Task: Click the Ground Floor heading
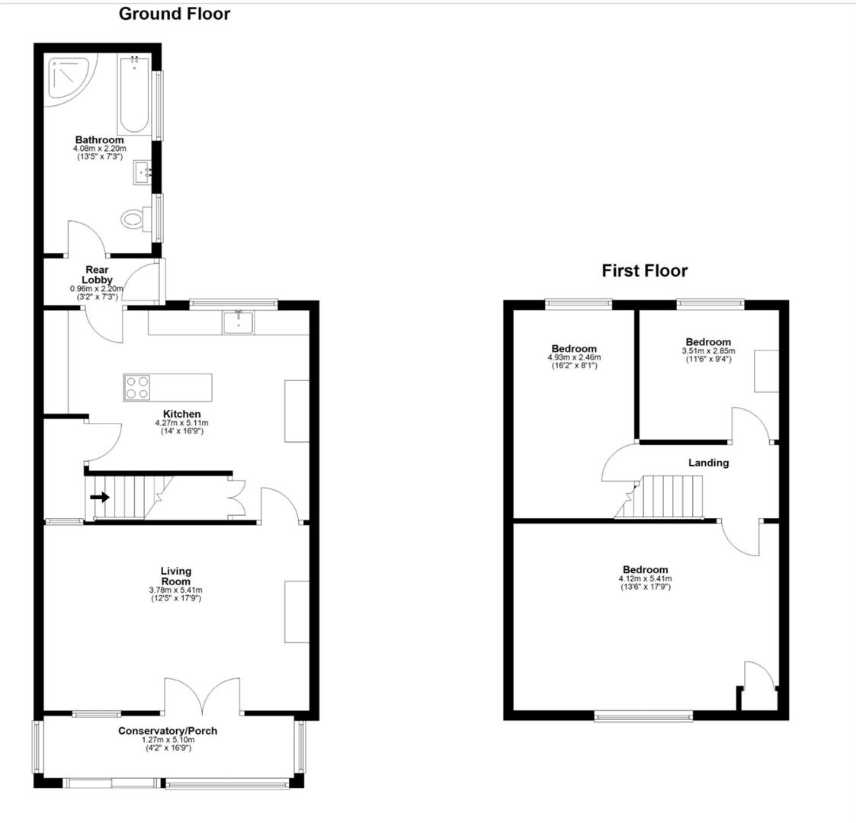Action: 174,14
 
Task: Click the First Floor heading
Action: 644,271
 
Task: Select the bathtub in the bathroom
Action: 135,95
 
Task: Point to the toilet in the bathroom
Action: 133,219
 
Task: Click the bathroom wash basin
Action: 143,172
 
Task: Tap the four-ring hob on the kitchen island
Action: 137,387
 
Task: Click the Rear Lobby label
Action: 97,274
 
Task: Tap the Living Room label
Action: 175,576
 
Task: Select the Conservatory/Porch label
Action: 168,731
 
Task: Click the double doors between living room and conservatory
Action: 203,695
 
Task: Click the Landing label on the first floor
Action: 708,463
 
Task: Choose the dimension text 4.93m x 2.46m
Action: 574,357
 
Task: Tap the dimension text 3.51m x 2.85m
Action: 707,351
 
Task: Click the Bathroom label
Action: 99,140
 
